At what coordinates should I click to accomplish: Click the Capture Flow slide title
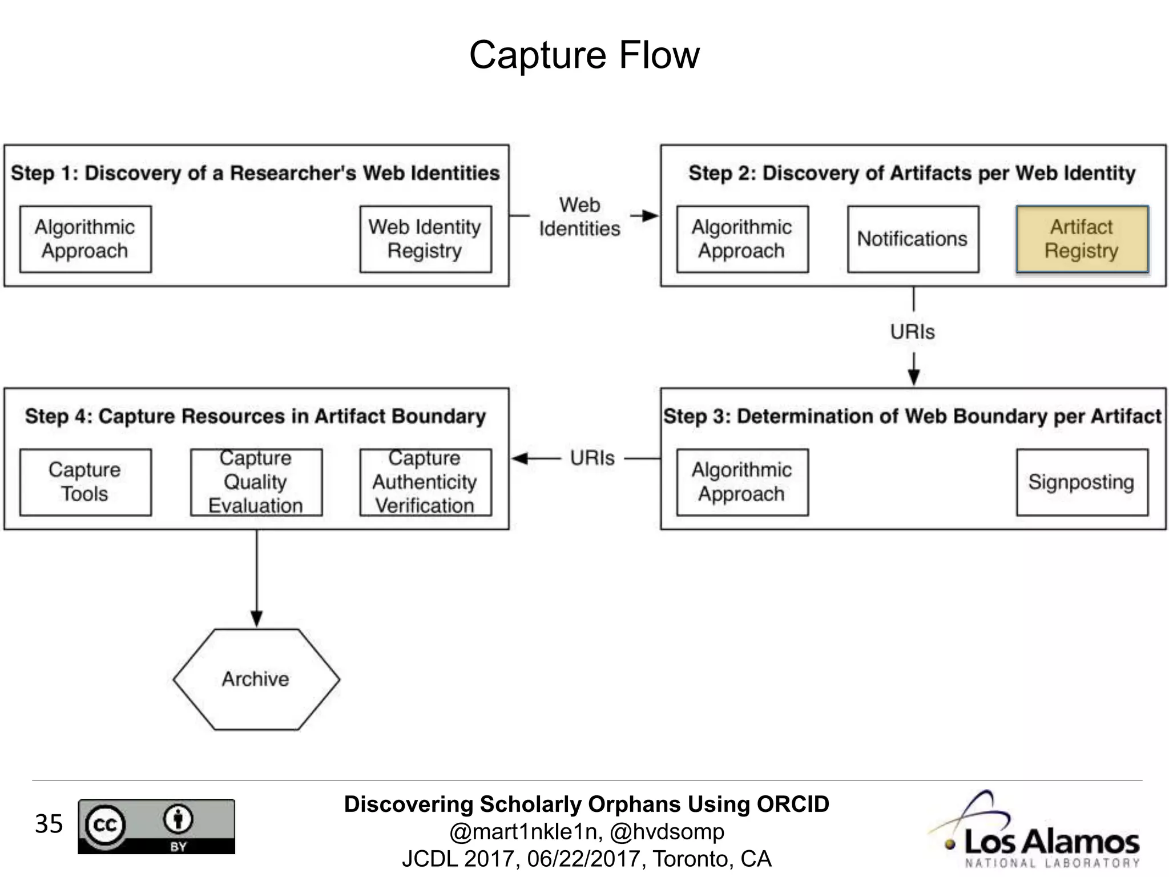click(x=584, y=55)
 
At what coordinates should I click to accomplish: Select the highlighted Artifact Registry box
click(x=1082, y=239)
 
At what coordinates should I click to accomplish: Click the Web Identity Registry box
click(x=425, y=239)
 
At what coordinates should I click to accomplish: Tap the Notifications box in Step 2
click(x=913, y=239)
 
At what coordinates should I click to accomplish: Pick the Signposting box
click(x=1082, y=482)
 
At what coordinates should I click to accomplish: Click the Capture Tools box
click(x=85, y=482)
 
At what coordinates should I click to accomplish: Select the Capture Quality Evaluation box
click(x=256, y=482)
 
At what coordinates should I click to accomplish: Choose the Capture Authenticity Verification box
click(x=425, y=482)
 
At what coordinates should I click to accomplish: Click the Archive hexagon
click(x=256, y=679)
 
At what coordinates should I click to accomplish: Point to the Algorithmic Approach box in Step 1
click(x=85, y=239)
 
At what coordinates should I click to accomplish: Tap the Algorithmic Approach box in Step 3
click(x=742, y=482)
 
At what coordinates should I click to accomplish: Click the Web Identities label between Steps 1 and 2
click(x=579, y=217)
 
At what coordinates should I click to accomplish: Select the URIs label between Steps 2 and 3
click(x=913, y=332)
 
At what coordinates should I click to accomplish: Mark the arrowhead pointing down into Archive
click(x=256, y=619)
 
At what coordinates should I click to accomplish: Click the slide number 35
click(x=49, y=824)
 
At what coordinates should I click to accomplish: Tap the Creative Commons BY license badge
click(x=156, y=826)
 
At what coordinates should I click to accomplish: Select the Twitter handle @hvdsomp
click(x=667, y=832)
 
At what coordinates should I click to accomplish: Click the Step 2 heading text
click(x=912, y=173)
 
